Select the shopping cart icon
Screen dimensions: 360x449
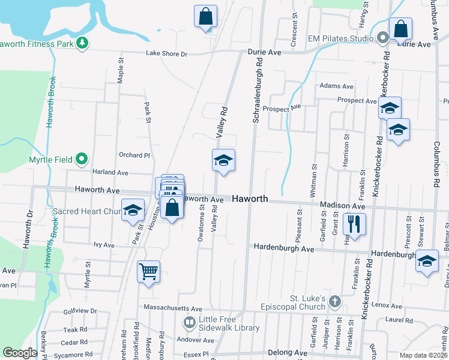148,271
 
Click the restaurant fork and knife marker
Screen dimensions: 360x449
354,224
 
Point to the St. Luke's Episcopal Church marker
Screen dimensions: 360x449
335,301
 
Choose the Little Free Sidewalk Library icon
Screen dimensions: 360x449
190,323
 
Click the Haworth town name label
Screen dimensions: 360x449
250,199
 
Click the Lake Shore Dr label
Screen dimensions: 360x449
167,53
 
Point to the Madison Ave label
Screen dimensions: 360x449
342,206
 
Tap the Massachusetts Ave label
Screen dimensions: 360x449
174,307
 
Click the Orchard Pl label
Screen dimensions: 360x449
134,155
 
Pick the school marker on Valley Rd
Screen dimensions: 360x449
223,160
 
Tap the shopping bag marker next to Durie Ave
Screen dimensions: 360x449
400,28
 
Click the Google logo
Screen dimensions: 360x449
19,353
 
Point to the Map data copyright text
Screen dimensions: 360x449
423,355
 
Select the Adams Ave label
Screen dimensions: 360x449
336,86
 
